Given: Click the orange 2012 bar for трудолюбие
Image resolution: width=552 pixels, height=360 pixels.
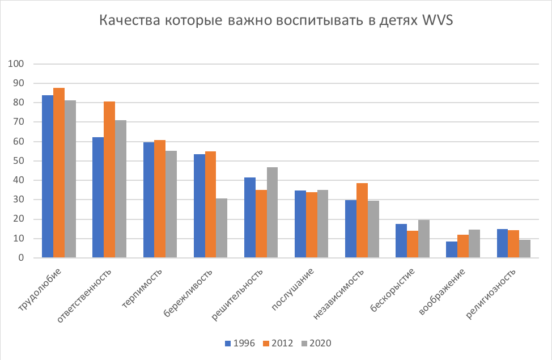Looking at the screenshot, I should click(x=59, y=173).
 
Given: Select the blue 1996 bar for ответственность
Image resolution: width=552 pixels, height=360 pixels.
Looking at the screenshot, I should click(x=98, y=197).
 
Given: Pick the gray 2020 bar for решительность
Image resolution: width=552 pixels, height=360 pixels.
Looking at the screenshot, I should click(x=272, y=213).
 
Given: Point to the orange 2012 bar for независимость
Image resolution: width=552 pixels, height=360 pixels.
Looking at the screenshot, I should click(x=362, y=221).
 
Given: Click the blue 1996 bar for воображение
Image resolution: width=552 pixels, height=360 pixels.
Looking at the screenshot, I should click(x=452, y=249).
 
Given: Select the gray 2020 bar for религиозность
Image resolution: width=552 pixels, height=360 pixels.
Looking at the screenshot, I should click(x=525, y=249).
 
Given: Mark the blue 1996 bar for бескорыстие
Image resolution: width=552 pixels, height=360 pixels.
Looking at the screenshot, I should click(x=401, y=241).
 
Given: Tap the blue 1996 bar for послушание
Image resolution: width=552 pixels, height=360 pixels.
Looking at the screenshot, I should click(x=300, y=224).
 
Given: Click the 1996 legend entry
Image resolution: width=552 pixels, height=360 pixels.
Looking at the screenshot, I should click(x=240, y=343).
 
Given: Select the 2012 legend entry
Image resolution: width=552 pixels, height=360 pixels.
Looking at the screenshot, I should click(x=278, y=343).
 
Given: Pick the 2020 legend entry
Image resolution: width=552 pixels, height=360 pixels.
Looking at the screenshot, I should click(x=316, y=343).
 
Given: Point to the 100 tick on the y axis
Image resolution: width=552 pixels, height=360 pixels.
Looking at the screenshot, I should click(x=19, y=64).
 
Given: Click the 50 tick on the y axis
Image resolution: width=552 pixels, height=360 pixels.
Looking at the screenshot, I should click(x=21, y=161).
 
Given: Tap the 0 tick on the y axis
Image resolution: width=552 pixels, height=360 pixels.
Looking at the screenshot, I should click(x=23, y=258).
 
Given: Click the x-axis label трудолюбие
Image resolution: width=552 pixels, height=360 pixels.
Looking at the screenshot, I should click(x=41, y=291).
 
